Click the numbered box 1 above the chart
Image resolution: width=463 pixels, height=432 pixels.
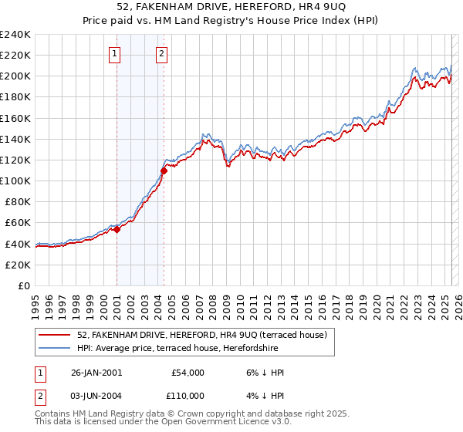(x=115, y=53)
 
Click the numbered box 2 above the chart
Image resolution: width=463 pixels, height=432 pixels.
(x=162, y=53)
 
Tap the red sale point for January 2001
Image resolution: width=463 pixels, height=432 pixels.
(x=117, y=229)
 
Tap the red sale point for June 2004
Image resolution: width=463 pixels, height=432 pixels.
(x=164, y=170)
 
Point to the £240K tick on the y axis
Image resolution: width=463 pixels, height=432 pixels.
(x=15, y=35)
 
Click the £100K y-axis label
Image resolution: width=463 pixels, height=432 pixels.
(x=15, y=181)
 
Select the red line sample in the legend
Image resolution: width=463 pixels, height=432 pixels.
(x=56, y=335)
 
